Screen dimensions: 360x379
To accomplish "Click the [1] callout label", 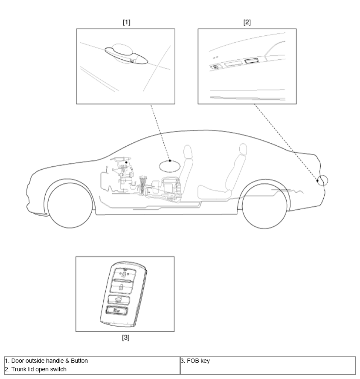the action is point(126,22).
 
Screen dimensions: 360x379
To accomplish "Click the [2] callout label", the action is point(247,22).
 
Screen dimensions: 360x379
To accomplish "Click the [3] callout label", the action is point(125,337).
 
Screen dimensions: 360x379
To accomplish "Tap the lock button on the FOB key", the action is point(124,274).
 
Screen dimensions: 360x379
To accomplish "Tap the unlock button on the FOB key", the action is point(122,287).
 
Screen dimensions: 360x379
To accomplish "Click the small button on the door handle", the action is point(132,61).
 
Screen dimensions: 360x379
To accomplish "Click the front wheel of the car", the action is point(70,205).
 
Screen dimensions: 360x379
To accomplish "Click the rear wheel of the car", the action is point(265,206).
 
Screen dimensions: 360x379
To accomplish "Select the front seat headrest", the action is point(188,151).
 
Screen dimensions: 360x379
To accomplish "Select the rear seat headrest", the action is point(243,149).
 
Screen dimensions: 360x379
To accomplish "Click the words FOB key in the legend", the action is point(198,361).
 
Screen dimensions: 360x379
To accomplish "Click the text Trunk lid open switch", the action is point(39,369).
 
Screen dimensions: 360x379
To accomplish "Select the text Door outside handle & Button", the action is point(49,361).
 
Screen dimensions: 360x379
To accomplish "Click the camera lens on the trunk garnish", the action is point(215,67).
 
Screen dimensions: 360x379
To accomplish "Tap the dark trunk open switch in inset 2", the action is point(251,61).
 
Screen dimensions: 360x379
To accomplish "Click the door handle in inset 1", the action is point(126,55).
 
